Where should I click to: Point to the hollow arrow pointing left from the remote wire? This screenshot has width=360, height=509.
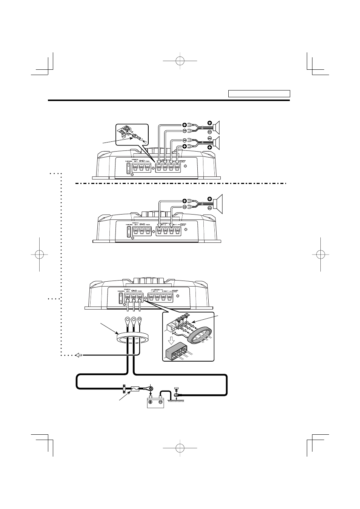coord(78,355)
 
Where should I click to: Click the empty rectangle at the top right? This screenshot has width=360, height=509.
coord(259,94)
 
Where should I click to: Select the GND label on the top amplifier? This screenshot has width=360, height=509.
coord(142,160)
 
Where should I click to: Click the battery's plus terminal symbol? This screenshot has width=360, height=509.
coord(150,402)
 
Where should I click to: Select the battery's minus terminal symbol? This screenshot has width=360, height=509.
coord(160,402)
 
